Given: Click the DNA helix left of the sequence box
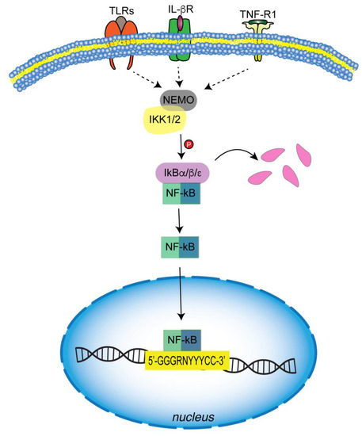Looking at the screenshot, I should click(107, 358).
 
